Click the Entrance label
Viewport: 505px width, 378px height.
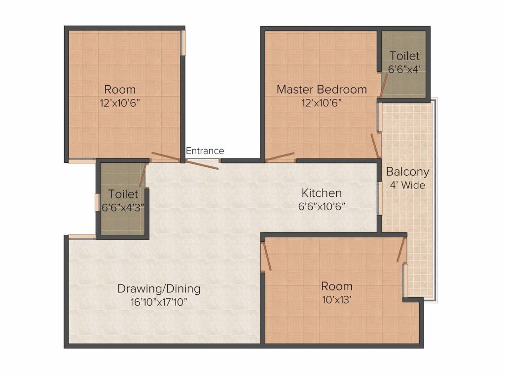(205, 151)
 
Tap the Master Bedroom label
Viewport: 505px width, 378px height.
(322, 90)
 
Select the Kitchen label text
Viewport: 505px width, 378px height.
(322, 193)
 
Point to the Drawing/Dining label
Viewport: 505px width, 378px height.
(159, 288)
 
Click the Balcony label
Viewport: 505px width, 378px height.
(407, 172)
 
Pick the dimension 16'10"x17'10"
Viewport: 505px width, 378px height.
(159, 302)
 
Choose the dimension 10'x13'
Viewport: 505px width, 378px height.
(337, 300)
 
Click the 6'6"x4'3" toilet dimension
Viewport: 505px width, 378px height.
(123, 207)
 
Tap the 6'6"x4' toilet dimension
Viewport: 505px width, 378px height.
(404, 69)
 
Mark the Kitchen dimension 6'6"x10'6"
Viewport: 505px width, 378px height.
(322, 206)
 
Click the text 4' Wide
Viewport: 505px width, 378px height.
(407, 185)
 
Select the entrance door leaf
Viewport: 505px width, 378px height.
(203, 164)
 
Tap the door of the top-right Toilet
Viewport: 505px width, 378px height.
(384, 86)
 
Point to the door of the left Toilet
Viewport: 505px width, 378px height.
(144, 175)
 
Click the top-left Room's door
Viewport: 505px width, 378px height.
(166, 157)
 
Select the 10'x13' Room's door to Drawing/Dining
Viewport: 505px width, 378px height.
(267, 256)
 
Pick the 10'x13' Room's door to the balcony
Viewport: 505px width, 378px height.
(401, 250)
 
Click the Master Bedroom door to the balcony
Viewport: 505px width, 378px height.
(375, 146)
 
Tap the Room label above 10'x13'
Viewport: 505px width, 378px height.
(337, 286)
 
